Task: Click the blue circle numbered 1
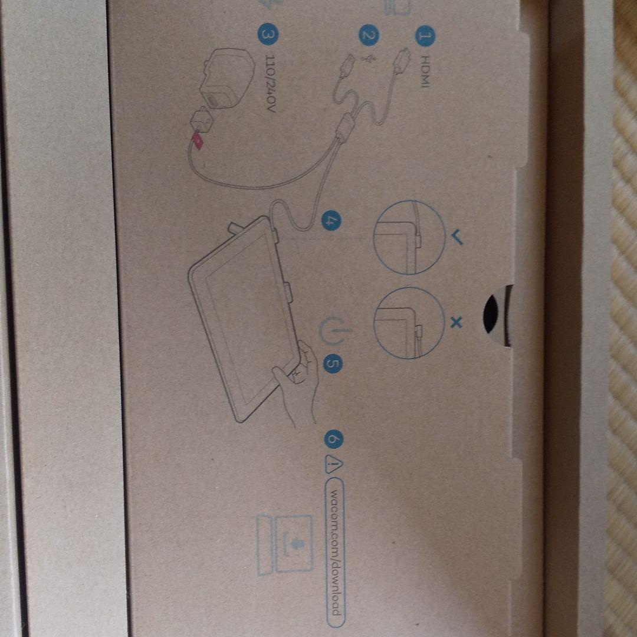coord(423,36)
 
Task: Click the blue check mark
coord(457,237)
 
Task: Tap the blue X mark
coord(457,322)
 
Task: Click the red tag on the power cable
coord(198,141)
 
